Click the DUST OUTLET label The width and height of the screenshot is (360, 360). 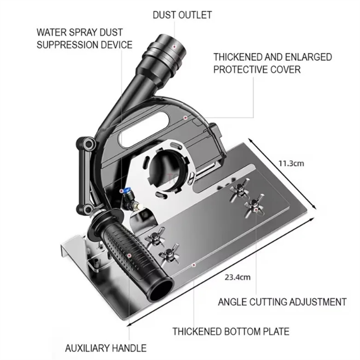182,15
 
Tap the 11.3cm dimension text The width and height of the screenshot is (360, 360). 291,164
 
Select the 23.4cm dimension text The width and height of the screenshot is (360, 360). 237,277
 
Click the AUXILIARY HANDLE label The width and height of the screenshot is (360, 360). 106,348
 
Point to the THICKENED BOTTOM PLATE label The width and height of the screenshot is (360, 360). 231,332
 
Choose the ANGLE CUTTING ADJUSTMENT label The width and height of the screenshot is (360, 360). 282,302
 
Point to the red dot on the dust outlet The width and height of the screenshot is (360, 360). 174,47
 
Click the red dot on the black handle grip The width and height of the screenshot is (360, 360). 129,255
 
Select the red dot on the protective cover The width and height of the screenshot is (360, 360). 185,117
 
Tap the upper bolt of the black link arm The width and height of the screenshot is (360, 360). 89,144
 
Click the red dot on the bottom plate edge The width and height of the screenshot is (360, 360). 194,265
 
